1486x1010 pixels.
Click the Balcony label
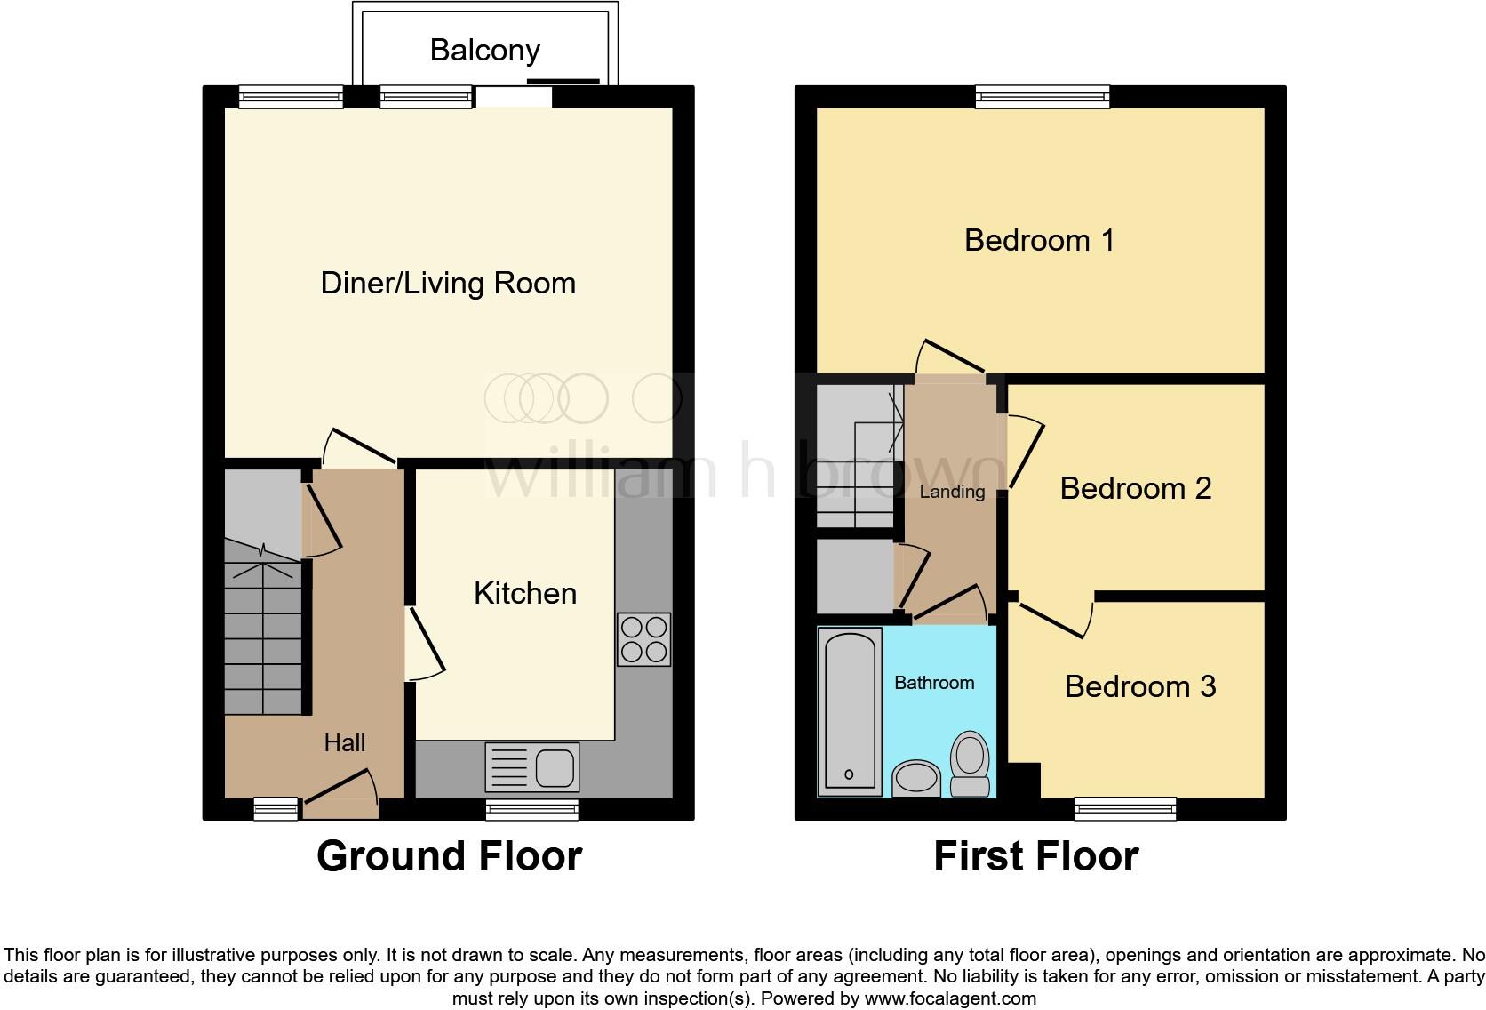484,50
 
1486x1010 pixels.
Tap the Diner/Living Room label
448,284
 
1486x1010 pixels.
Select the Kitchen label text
524,593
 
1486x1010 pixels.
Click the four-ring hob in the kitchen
644,639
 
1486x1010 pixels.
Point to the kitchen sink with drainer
531,767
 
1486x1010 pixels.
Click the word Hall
344,742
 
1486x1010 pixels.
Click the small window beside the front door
276,808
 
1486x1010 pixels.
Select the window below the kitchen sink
531,808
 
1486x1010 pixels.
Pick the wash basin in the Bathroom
915,778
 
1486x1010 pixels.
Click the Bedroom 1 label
1039,240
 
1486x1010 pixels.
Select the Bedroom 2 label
1135,488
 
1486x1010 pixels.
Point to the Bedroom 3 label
1139,686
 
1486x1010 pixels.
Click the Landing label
951,492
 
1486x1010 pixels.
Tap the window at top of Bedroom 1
1042,96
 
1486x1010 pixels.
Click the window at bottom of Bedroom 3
1125,808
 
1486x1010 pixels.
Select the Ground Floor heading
449,856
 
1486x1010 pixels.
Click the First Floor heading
1035,856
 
